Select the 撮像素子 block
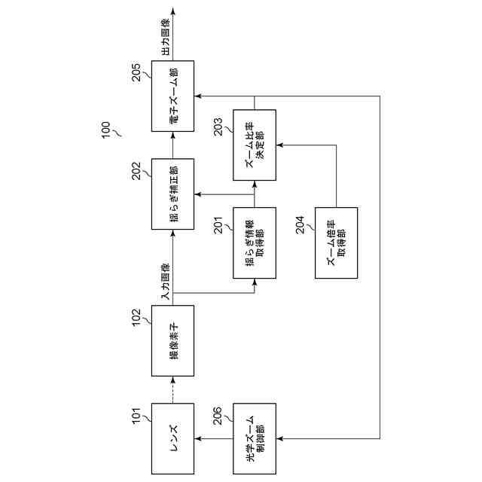click(x=172, y=340)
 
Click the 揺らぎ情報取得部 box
click(x=255, y=243)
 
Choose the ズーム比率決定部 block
click(x=255, y=145)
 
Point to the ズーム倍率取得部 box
click(x=336, y=243)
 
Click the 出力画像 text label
click(x=165, y=35)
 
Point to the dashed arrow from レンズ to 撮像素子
click(x=172, y=390)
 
